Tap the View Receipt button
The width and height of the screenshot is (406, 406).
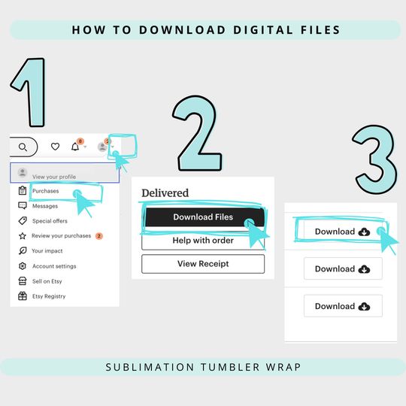[x=203, y=264]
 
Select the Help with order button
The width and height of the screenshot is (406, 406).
[x=203, y=241]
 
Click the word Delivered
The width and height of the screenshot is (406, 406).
[x=165, y=193]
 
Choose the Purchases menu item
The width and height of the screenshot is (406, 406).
[x=46, y=191]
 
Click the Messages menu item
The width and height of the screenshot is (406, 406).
[x=45, y=206]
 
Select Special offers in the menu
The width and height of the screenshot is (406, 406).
[x=50, y=221]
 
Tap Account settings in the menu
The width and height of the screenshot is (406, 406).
[x=54, y=266]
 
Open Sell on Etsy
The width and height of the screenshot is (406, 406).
[x=47, y=281]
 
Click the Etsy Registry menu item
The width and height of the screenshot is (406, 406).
[x=49, y=296]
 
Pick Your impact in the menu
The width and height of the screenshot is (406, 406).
[x=47, y=251]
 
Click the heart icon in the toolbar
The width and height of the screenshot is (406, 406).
[x=55, y=147]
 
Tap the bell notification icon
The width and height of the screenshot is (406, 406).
[x=75, y=147]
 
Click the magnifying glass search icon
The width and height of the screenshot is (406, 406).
[x=23, y=147]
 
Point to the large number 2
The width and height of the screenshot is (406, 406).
[x=198, y=133]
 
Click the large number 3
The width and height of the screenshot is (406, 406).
[x=375, y=159]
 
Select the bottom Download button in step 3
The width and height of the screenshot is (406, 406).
[x=343, y=306]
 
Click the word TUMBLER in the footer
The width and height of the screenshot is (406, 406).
[x=230, y=367]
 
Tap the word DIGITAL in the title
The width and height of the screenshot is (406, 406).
[x=263, y=30]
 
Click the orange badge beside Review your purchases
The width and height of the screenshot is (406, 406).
[x=99, y=236]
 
